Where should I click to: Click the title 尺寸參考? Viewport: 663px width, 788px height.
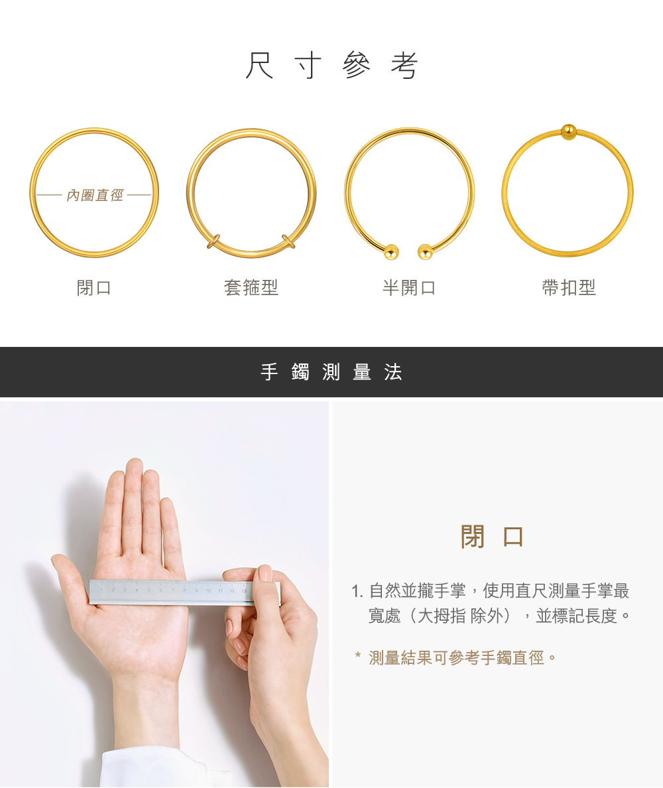click(x=331, y=66)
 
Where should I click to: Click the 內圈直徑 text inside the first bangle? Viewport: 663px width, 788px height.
click(x=95, y=196)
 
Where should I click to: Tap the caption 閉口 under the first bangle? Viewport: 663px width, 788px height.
click(x=94, y=288)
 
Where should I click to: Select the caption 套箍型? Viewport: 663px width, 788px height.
click(x=251, y=288)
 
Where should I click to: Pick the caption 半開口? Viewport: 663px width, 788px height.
click(x=409, y=288)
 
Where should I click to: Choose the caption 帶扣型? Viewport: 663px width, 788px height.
click(x=569, y=288)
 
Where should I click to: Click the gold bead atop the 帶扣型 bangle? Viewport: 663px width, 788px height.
click(x=568, y=131)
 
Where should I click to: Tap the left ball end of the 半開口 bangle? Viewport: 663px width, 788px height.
click(x=391, y=251)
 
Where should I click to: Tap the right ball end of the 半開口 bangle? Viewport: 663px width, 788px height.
click(x=425, y=251)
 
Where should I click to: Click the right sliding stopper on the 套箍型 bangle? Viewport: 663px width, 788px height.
click(x=288, y=241)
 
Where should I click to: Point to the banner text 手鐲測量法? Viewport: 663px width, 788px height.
click(x=331, y=373)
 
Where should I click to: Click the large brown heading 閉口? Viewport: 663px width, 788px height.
click(x=492, y=537)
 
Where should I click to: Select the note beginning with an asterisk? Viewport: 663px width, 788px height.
click(x=456, y=658)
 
